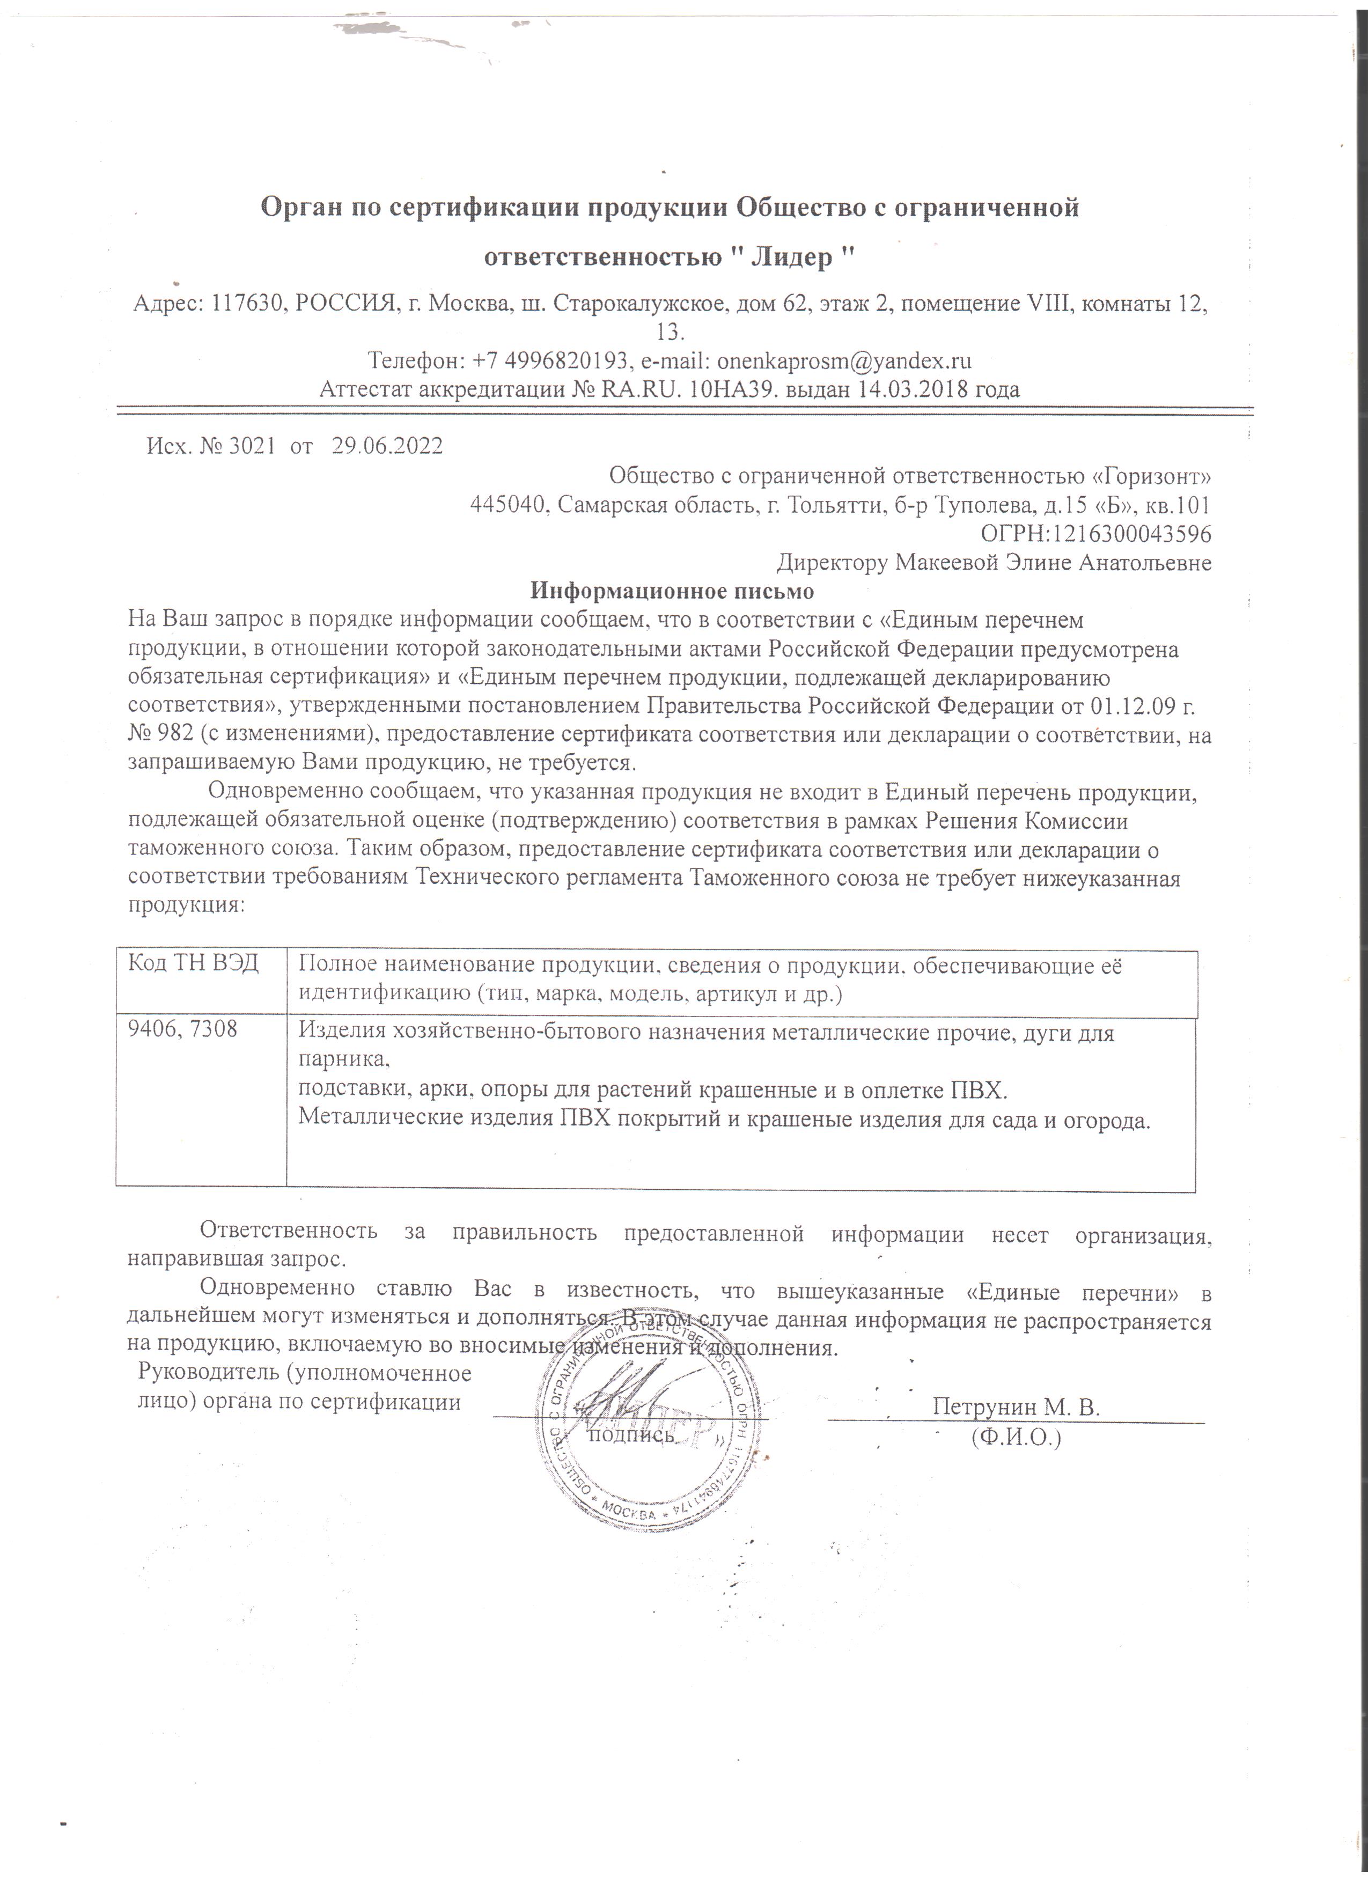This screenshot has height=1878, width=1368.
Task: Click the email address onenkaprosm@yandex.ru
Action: click(844, 361)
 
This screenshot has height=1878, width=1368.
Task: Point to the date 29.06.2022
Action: click(387, 446)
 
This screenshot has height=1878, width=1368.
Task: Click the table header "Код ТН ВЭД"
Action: click(193, 963)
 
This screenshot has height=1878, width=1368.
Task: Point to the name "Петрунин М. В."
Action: click(1016, 1407)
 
